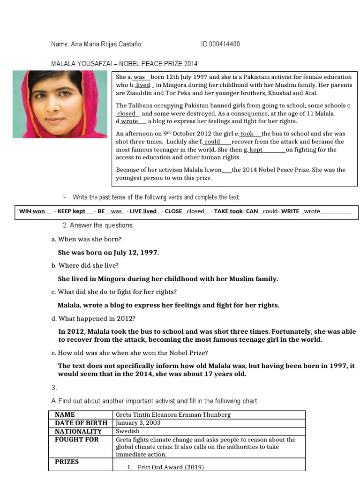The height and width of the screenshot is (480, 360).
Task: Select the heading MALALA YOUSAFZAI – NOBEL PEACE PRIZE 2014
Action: click(x=124, y=64)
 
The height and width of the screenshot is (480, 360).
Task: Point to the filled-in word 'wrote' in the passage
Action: click(x=129, y=121)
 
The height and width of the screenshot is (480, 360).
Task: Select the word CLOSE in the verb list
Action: click(x=173, y=211)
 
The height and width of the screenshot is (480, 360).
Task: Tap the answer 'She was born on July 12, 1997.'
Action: click(x=108, y=252)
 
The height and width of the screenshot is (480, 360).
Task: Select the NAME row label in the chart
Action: click(x=65, y=415)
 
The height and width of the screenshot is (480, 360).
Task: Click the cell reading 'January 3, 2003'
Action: click(x=138, y=423)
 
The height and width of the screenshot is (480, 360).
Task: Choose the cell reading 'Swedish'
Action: click(x=127, y=431)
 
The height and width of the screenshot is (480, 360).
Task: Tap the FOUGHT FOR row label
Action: click(x=77, y=440)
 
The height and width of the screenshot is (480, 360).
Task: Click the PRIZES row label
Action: click(x=67, y=462)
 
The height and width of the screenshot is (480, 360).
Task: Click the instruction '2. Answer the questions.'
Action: click(x=98, y=225)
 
